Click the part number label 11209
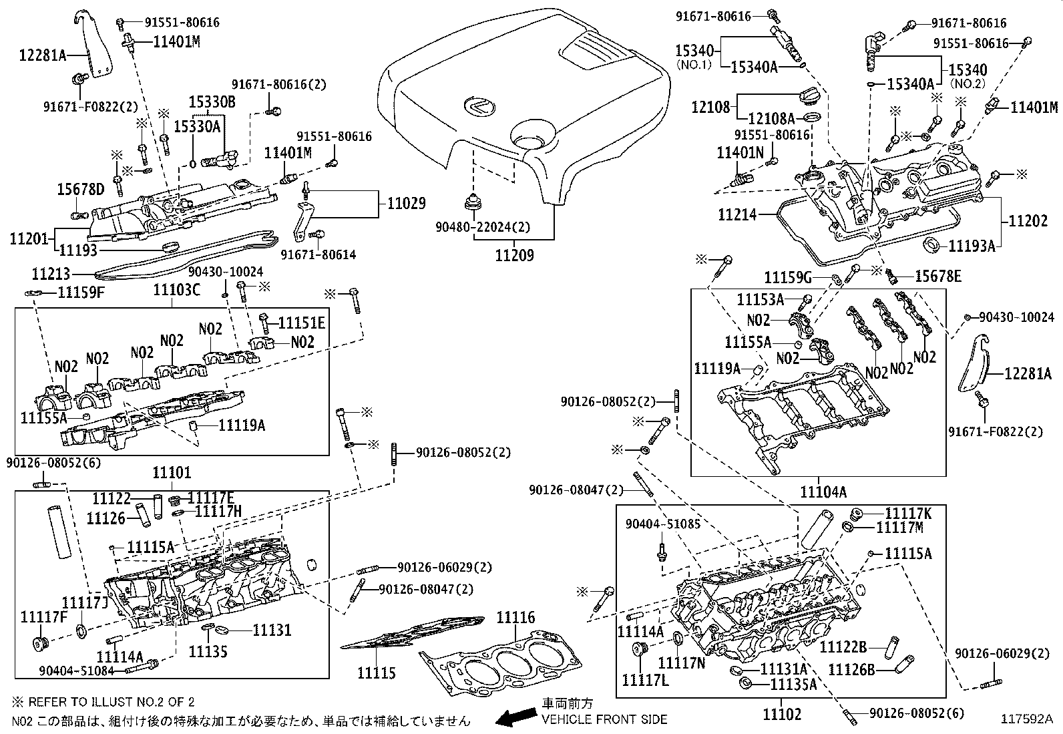point(514,255)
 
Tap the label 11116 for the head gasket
point(515,618)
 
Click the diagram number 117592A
point(1026,719)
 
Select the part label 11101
point(172,473)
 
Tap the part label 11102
point(782,714)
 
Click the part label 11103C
point(176,289)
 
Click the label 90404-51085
point(663,524)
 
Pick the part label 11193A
point(972,246)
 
